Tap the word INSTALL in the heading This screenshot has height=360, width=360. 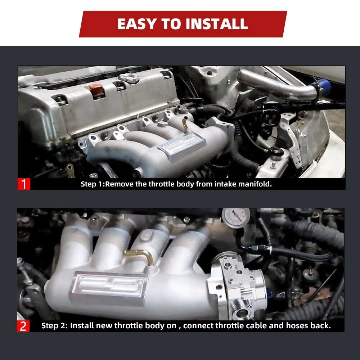[x=217, y=24]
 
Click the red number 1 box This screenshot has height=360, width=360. [x=24, y=184]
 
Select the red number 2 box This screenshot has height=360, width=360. [x=23, y=326]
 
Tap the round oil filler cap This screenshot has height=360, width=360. [x=129, y=78]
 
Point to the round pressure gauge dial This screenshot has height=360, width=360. [x=236, y=218]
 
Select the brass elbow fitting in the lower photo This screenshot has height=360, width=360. [x=139, y=256]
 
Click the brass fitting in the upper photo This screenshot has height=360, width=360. [x=185, y=123]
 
